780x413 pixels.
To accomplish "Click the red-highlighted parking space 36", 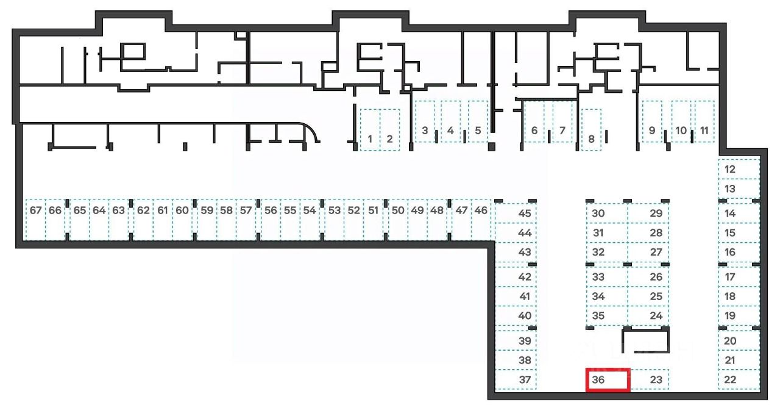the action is [608, 379].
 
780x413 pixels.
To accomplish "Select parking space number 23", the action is [649, 379].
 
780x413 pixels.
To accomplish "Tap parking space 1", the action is [370, 130].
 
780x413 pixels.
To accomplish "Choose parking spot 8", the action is [591, 130].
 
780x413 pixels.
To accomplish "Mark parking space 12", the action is [739, 169].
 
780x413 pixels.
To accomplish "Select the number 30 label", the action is [598, 214].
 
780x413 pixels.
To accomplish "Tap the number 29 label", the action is [656, 214].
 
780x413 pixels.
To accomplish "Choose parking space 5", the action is [478, 121].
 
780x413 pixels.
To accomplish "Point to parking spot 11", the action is [704, 121].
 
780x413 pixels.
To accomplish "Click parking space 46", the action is [481, 220].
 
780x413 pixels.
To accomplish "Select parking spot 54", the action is [310, 220].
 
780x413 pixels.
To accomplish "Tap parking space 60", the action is [182, 220].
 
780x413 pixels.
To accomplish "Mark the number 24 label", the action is [656, 316].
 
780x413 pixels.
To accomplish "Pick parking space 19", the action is [739, 316].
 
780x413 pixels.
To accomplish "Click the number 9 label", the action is [651, 131].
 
